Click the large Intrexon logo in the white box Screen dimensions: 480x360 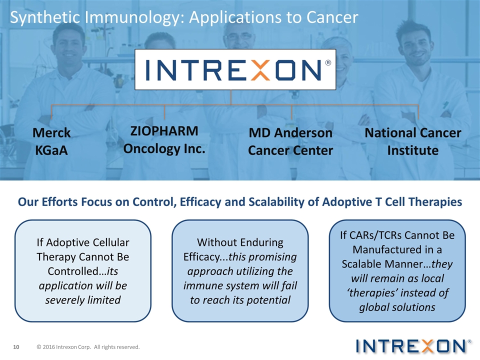[x=235, y=69]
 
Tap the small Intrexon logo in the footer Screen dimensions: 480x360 [x=413, y=346]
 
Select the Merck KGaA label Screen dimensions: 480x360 [x=51, y=141]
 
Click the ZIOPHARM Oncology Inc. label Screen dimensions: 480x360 [x=164, y=139]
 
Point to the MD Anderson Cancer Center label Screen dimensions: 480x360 [x=290, y=141]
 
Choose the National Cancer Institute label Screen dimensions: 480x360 [x=412, y=141]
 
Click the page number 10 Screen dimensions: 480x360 [x=16, y=347]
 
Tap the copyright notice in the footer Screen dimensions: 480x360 [x=88, y=347]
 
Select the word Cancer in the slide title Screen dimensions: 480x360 [x=332, y=17]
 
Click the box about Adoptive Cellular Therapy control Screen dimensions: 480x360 [x=83, y=270]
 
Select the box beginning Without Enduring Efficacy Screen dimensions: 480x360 [x=240, y=270]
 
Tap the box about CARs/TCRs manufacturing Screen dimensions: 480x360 [x=397, y=270]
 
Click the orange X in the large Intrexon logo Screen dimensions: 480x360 [x=259, y=70]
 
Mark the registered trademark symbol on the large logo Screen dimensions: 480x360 [x=328, y=63]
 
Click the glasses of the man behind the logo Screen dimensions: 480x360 [x=239, y=36]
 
